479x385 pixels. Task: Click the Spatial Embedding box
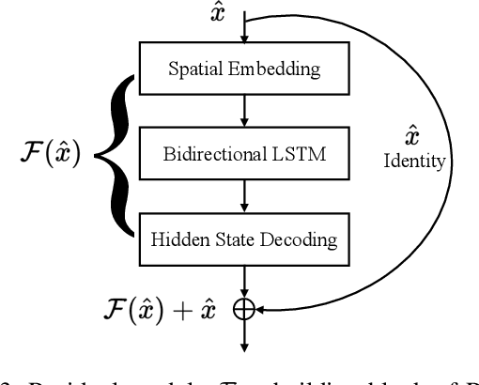point(242,68)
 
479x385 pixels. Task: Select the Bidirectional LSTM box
point(242,153)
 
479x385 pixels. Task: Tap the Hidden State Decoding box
point(242,239)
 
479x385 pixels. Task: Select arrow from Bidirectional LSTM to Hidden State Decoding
point(242,195)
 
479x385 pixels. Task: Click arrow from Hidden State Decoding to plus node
point(242,279)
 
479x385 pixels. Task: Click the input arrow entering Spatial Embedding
point(242,33)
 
